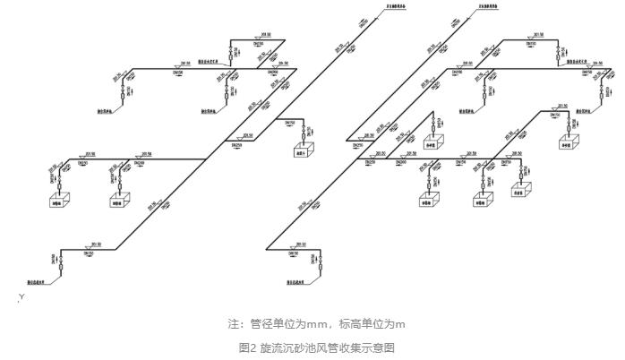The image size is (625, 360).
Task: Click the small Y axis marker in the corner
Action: (x=20, y=296)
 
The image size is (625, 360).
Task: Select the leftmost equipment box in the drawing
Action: (x=62, y=201)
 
